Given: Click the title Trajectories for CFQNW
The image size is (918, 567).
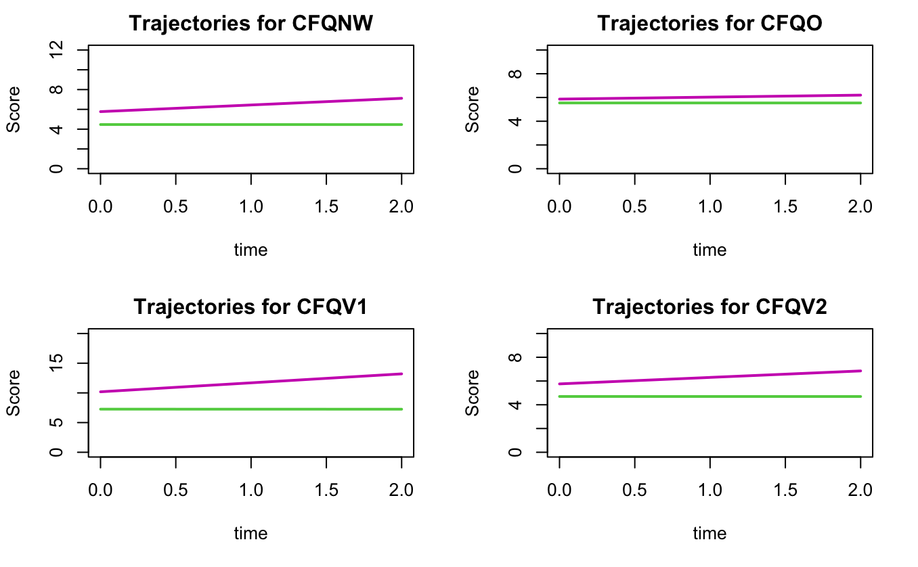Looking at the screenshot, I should pyautogui.click(x=251, y=23).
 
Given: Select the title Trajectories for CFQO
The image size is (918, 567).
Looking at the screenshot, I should pyautogui.click(x=709, y=23).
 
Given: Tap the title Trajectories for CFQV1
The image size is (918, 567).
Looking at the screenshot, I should pyautogui.click(x=251, y=307).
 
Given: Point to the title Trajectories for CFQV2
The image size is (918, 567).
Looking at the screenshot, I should pyautogui.click(x=709, y=307).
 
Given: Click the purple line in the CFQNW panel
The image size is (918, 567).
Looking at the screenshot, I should pyautogui.click(x=251, y=105).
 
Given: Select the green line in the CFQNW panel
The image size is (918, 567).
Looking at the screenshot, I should pyautogui.click(x=251, y=124).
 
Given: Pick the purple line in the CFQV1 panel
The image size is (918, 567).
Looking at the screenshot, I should pyautogui.click(x=251, y=383).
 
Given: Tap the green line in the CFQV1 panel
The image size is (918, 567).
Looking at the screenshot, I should pyautogui.click(x=251, y=409).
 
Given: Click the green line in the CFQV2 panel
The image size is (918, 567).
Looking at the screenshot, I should pyautogui.click(x=709, y=396).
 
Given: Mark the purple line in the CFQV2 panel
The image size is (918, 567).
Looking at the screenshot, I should pyautogui.click(x=709, y=378).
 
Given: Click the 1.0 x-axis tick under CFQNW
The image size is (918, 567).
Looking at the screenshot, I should pyautogui.click(x=251, y=206).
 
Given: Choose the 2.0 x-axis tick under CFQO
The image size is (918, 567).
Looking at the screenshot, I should pyautogui.click(x=860, y=206).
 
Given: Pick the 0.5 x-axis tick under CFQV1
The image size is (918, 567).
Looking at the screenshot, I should pyautogui.click(x=176, y=489).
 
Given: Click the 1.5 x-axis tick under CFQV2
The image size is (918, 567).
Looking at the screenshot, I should pyautogui.click(x=785, y=489).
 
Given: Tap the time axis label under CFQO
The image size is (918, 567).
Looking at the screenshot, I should pyautogui.click(x=709, y=250).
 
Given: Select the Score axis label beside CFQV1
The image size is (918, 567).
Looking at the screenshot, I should pyautogui.click(x=14, y=392).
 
